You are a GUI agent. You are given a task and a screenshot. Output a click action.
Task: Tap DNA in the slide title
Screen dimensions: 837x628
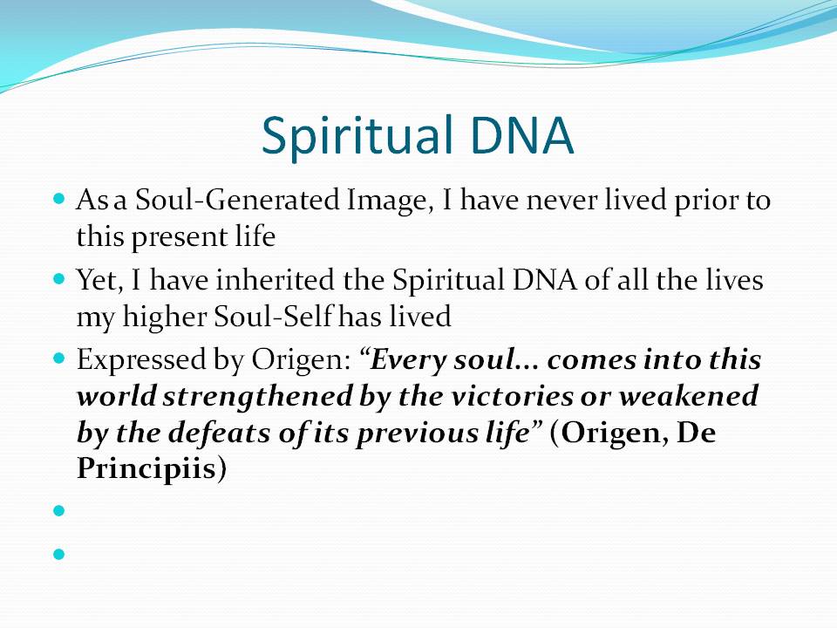pos(522,135)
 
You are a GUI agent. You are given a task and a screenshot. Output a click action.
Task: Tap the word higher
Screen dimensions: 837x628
pos(164,317)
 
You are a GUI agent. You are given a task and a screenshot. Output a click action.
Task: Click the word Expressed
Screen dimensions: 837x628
pos(141,360)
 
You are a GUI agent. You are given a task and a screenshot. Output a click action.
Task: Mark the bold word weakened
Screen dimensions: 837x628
pos(689,397)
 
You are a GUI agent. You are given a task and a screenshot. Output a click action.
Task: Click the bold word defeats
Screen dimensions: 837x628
pos(220,433)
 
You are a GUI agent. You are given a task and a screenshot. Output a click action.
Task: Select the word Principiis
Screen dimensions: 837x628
pos(146,469)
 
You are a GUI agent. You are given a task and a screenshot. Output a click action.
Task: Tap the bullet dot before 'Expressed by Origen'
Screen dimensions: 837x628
pos(59,358)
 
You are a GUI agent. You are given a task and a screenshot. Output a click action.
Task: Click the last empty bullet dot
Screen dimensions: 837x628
pos(59,555)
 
